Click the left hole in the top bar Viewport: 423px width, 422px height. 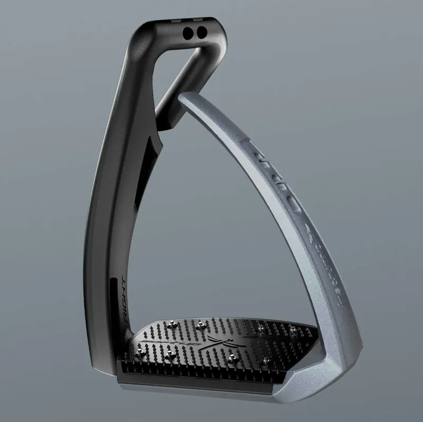coord(186,33)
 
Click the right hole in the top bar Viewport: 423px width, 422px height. coord(199,33)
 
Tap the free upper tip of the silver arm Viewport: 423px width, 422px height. coord(188,98)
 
